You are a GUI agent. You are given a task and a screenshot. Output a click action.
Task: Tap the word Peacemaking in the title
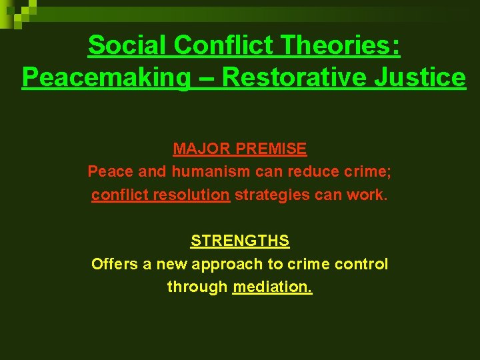click(106, 77)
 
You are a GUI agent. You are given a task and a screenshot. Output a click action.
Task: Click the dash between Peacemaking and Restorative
click(207, 77)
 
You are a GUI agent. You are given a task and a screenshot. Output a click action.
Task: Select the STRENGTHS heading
click(240, 240)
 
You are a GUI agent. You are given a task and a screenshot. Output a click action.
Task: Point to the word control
click(363, 264)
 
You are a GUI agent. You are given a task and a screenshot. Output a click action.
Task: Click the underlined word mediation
click(273, 287)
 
